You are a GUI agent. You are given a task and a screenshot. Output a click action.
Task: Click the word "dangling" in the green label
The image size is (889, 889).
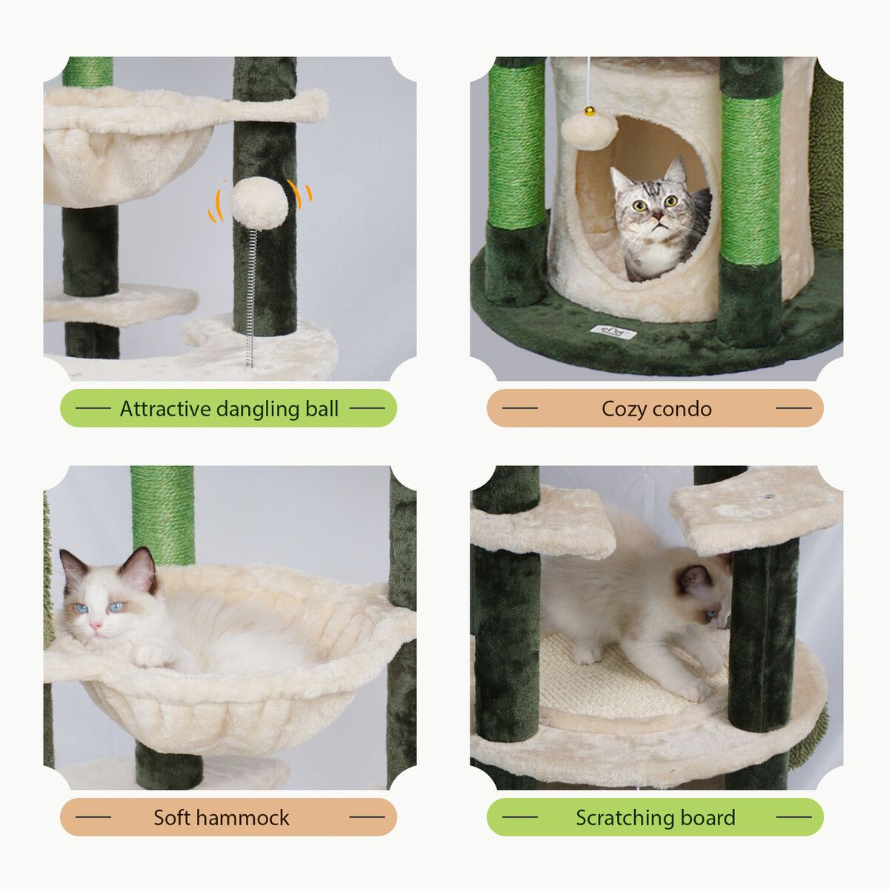click(x=256, y=410)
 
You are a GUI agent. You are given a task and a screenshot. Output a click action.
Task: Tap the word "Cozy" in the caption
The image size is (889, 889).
click(x=623, y=409)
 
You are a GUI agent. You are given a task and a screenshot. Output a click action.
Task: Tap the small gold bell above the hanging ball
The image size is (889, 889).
click(x=589, y=110)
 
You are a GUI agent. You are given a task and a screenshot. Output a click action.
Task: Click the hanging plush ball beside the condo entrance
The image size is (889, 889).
click(x=584, y=132)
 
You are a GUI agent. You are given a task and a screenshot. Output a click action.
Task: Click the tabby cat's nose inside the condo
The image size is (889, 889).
click(x=658, y=216)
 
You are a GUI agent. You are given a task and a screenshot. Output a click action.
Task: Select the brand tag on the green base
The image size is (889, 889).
click(x=613, y=332)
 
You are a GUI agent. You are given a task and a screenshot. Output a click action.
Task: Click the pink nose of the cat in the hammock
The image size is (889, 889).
click(x=96, y=625)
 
